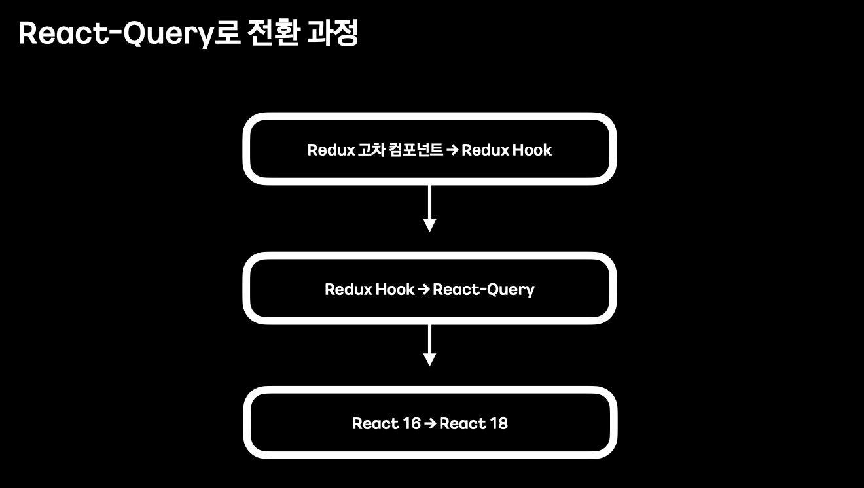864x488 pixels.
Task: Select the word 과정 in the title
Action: click(333, 34)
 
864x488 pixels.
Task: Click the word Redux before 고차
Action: click(331, 150)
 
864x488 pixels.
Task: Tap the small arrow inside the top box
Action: click(452, 150)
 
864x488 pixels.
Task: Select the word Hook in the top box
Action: click(532, 150)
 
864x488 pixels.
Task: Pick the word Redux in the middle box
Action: click(348, 289)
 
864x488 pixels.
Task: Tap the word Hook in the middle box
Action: click(395, 289)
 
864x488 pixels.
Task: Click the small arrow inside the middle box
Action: click(423, 289)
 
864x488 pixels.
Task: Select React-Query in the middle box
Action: click(484, 290)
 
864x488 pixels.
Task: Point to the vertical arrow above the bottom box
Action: click(429, 345)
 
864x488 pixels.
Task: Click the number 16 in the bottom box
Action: click(412, 423)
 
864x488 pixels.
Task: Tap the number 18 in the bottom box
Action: click(499, 423)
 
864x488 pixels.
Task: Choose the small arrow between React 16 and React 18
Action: click(430, 423)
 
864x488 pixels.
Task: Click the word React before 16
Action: click(376, 423)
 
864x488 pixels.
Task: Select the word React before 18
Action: click(463, 423)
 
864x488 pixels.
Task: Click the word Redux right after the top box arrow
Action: click(485, 150)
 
